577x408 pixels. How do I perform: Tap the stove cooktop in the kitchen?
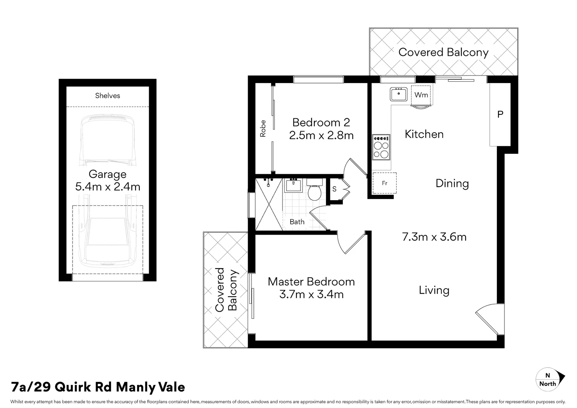[381, 147]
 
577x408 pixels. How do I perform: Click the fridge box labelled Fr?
[384, 183]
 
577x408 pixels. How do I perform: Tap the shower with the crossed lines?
[269, 204]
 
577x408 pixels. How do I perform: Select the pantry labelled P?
[500, 114]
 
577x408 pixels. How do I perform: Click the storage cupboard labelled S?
[335, 189]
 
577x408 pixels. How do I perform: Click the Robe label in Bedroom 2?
[263, 128]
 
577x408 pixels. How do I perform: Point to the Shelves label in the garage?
[108, 96]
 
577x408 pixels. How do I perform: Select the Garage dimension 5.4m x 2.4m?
[108, 187]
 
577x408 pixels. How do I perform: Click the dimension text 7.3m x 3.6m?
[434, 237]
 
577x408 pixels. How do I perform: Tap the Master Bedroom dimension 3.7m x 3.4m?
[311, 294]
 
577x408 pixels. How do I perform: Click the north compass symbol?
[550, 379]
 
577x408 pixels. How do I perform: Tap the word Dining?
[452, 184]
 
